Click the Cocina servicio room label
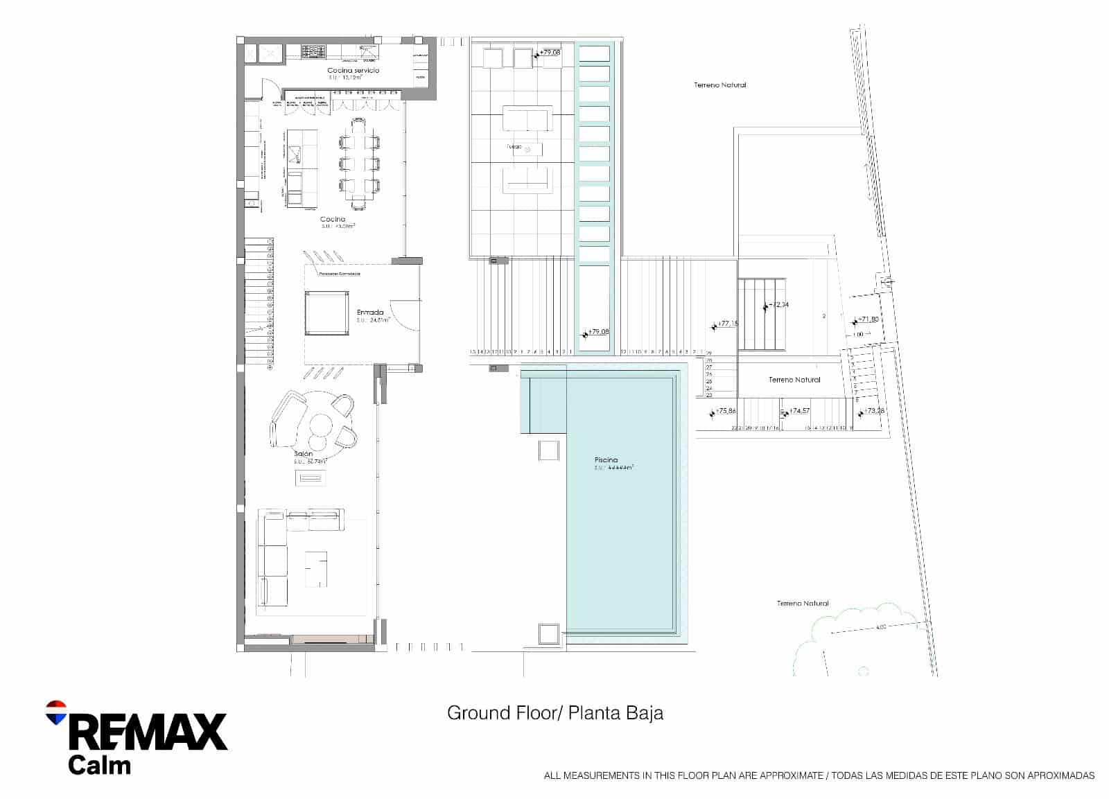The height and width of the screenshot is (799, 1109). (x=353, y=70)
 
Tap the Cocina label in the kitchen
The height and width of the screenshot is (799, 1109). (x=332, y=219)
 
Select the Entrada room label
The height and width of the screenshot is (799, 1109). (x=370, y=312)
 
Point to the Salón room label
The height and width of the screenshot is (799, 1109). (x=303, y=454)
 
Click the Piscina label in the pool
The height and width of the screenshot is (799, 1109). (x=606, y=460)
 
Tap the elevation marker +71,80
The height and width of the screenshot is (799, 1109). (x=868, y=319)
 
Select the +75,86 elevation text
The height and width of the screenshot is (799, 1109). (x=725, y=411)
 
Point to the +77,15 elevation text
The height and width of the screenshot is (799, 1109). (x=727, y=324)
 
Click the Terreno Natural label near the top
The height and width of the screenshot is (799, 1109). (x=720, y=85)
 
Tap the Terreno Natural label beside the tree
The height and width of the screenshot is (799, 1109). (x=802, y=604)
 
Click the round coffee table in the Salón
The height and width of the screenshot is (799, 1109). (x=321, y=423)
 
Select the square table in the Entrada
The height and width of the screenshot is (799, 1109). (x=326, y=313)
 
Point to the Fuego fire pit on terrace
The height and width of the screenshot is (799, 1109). (x=527, y=148)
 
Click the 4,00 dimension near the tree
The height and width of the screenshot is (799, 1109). (x=880, y=628)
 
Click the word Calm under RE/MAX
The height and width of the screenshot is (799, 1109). (x=99, y=766)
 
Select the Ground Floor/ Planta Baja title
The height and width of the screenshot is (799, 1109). (x=554, y=713)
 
